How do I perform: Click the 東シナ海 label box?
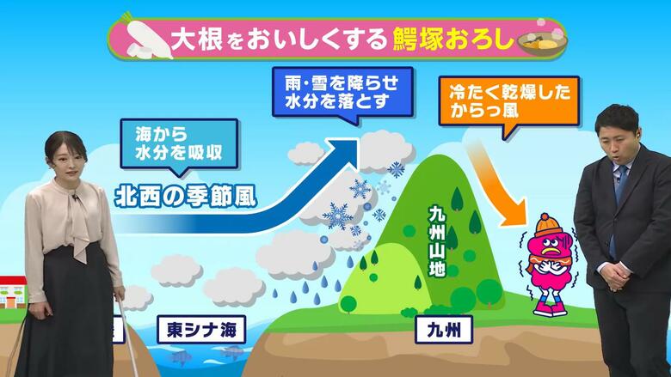point(201,330)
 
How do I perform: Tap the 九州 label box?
point(444,330)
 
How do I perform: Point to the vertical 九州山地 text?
point(437,241)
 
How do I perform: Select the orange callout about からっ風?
point(509,102)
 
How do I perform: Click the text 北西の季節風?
point(186,198)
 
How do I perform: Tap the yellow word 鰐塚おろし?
point(452,40)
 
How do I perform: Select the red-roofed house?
point(13,292)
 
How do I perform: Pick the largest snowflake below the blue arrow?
point(337,216)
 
